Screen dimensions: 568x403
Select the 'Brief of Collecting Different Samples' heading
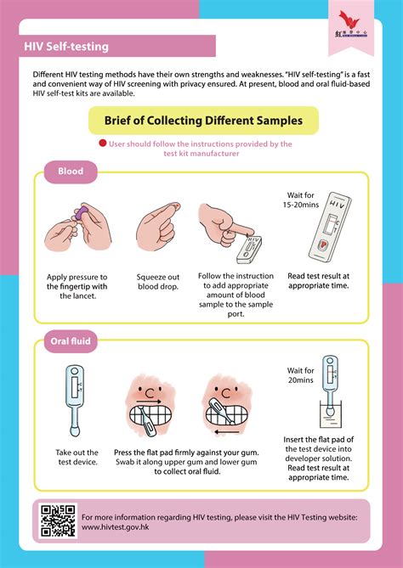[202, 121]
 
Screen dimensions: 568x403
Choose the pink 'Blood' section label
[70, 172]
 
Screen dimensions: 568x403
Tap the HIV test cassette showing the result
[329, 233]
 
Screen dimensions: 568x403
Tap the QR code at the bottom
[58, 521]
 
